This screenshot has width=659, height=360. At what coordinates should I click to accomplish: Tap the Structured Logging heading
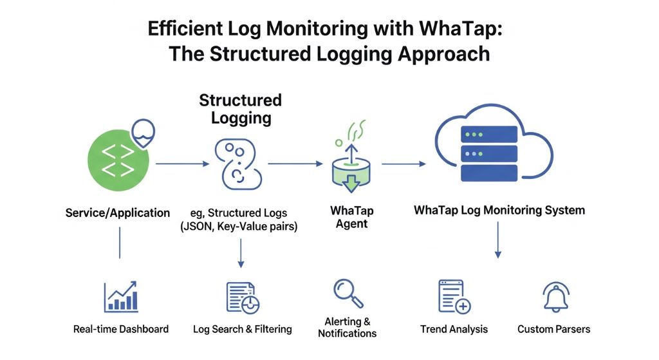(240, 109)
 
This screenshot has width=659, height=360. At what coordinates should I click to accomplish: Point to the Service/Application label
(118, 213)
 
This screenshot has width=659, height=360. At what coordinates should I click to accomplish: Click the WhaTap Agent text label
(351, 218)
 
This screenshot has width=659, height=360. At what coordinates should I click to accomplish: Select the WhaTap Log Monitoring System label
(499, 210)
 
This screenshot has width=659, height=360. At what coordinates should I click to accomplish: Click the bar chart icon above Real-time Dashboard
(121, 297)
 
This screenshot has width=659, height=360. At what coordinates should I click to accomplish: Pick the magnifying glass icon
(348, 293)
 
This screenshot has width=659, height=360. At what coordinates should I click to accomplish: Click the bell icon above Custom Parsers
(553, 297)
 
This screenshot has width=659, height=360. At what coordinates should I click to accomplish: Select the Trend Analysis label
(454, 329)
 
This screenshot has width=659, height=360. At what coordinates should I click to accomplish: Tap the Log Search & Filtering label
(243, 329)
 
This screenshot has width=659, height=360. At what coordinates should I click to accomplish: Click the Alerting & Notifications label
(347, 327)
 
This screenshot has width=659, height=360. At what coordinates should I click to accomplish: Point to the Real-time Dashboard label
(121, 329)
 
